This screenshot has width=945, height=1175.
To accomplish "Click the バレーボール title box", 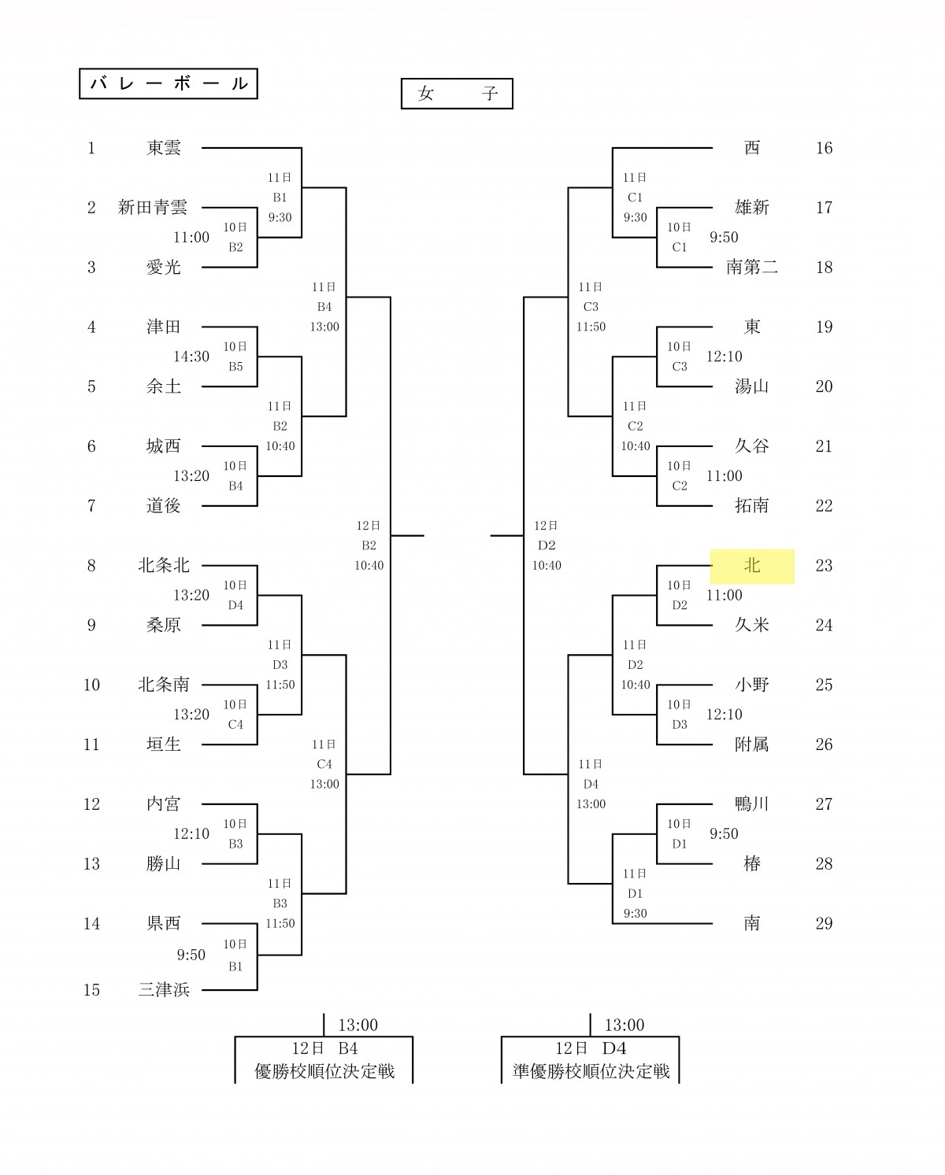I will tap(169, 84).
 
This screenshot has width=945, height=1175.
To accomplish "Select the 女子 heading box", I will tap(457, 94).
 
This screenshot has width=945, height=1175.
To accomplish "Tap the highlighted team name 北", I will tap(752, 566).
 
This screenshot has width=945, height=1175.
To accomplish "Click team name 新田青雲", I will tap(153, 208).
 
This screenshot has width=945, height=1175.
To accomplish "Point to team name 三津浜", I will tap(164, 990).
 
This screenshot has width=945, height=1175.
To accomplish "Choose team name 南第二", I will tap(752, 268).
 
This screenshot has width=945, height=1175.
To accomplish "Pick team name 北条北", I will tap(164, 566).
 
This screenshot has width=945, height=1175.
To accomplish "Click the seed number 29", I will tap(824, 924).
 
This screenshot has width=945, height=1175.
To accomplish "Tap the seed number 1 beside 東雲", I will tap(91, 148).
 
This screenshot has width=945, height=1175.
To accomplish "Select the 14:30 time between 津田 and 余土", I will tap(191, 357).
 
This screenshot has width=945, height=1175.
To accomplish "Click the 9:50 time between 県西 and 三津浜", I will tap(191, 955).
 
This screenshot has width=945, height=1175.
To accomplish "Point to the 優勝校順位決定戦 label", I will tap(324, 1071).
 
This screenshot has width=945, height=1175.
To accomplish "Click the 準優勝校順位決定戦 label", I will tap(591, 1071).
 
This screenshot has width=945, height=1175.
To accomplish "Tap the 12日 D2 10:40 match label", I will tap(547, 545).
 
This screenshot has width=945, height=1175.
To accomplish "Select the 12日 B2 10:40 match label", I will tap(369, 545).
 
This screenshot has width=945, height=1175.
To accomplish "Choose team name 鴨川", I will tap(751, 804).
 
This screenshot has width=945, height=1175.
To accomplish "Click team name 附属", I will tap(751, 745).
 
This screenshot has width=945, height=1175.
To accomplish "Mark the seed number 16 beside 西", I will tap(824, 148).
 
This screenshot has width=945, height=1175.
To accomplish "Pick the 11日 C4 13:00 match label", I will tap(324, 764).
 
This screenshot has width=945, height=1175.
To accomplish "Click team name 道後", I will tap(164, 506).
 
